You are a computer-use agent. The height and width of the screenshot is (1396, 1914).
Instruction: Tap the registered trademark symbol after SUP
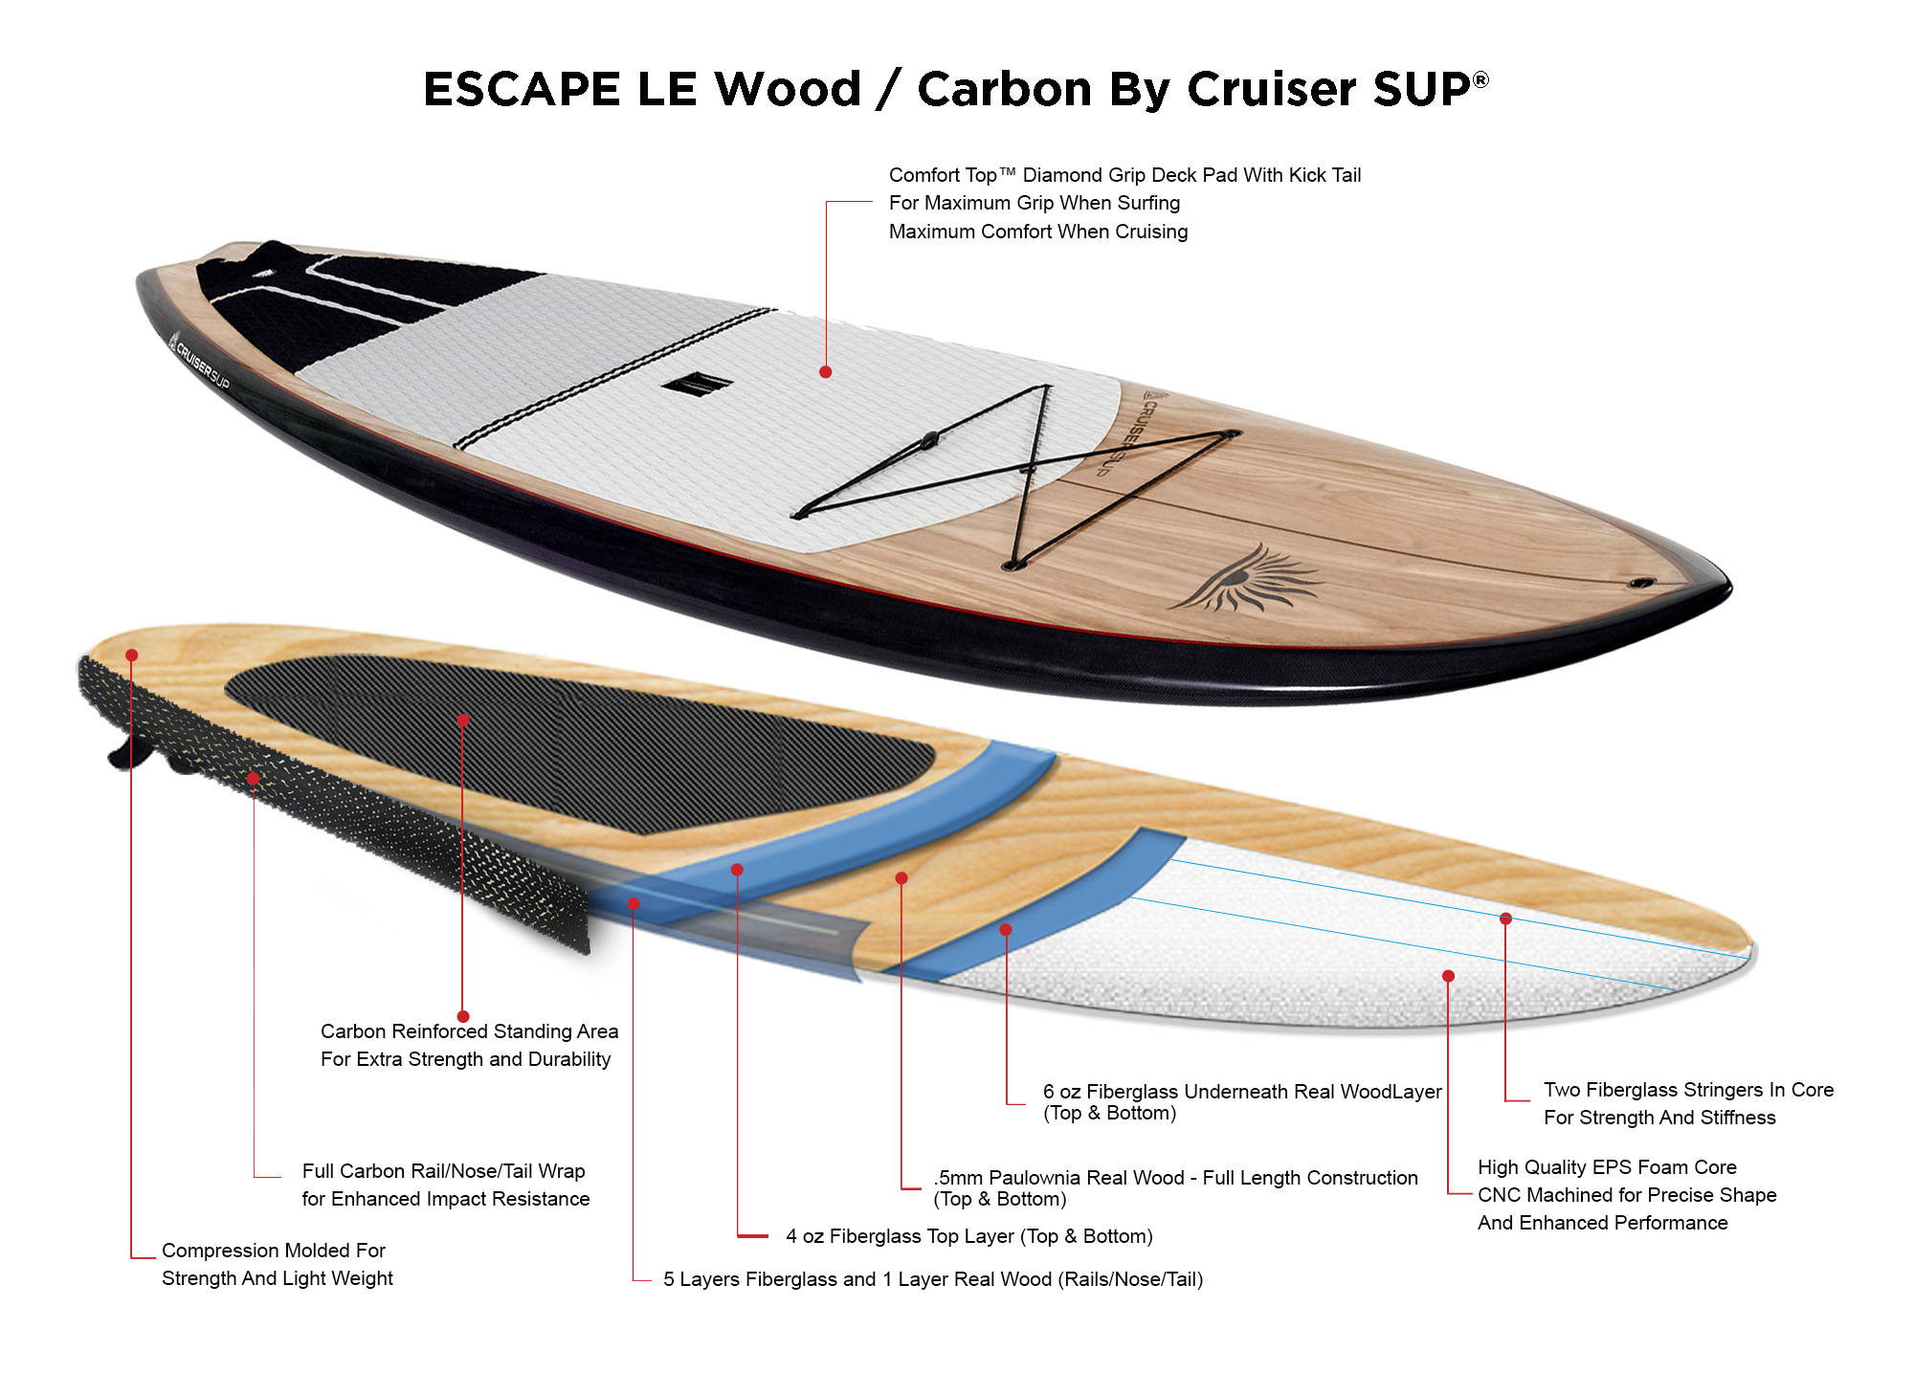coord(1480,79)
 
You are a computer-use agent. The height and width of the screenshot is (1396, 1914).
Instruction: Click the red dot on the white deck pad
coord(825,371)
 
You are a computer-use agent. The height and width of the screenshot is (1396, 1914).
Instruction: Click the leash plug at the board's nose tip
coord(1642,583)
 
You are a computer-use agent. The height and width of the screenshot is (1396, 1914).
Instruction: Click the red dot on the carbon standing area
coord(463,720)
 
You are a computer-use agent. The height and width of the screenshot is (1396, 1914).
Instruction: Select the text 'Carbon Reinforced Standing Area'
coord(469,1031)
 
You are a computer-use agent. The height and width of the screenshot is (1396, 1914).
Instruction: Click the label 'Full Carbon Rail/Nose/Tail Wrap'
coord(443,1171)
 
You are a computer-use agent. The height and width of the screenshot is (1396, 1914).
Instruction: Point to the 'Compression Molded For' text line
coord(274,1251)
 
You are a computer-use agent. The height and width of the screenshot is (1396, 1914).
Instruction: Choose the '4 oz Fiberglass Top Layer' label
coord(900,1236)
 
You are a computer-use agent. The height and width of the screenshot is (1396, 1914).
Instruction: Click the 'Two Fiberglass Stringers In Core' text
coord(1688,1090)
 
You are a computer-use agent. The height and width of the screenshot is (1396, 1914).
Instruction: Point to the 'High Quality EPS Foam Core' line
coord(1607,1167)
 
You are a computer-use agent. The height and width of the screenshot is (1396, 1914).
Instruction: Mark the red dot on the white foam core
coord(1448,976)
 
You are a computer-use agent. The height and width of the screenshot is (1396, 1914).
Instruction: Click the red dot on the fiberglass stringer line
coord(1505,919)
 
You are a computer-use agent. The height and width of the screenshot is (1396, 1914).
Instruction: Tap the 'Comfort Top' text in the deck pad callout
coord(943,175)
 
